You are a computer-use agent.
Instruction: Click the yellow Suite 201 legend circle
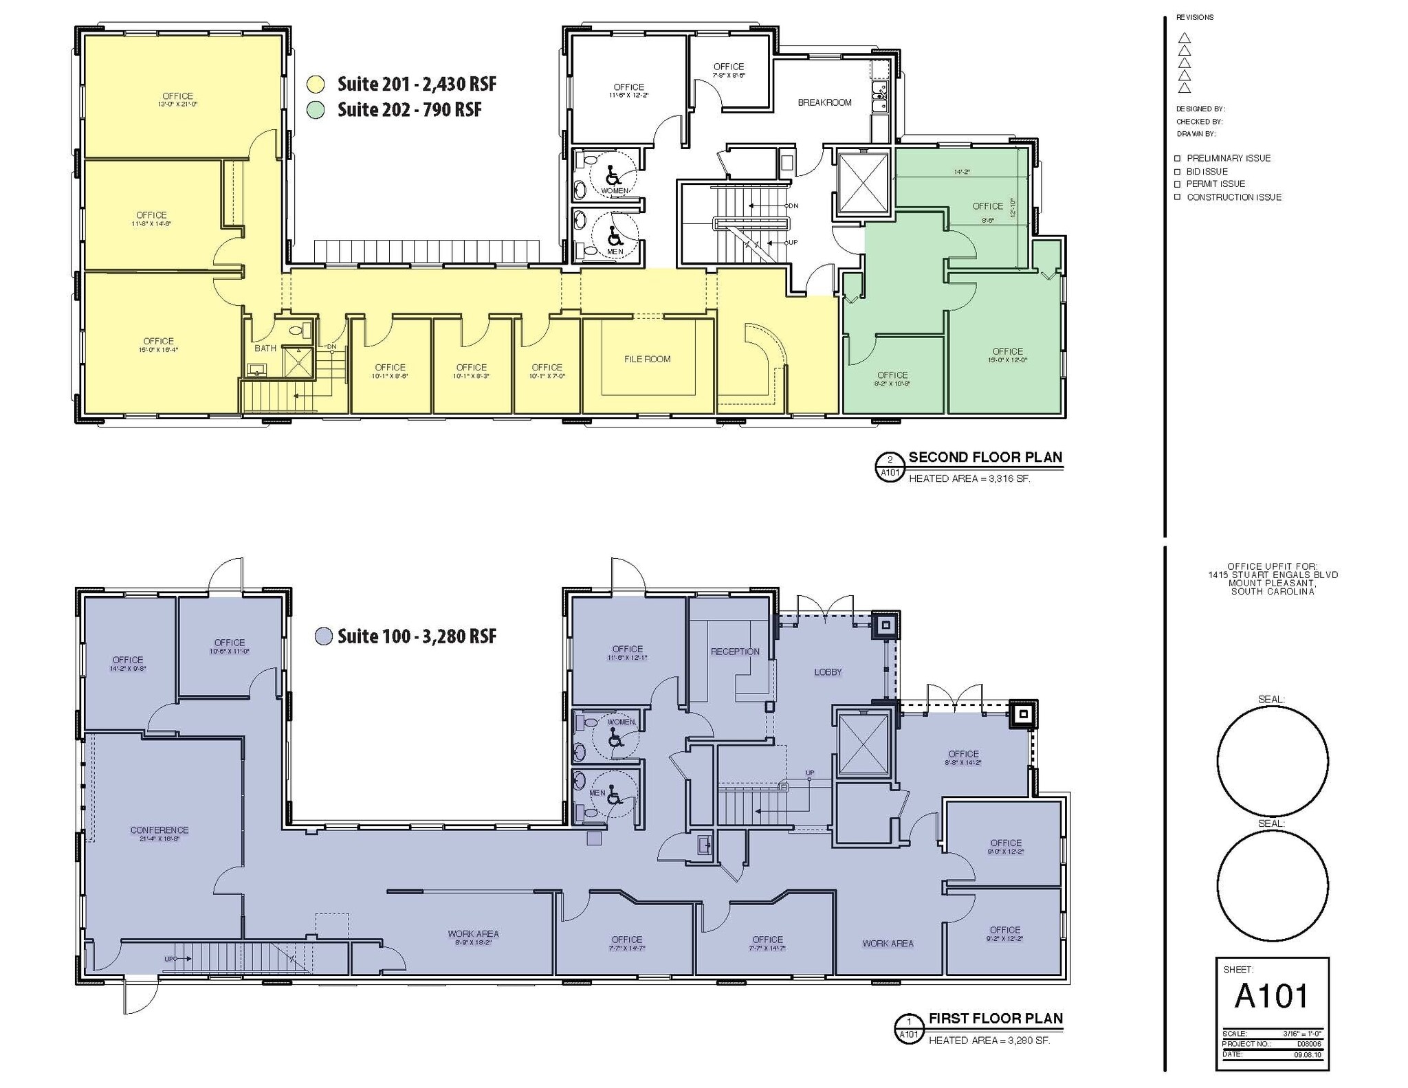tap(316, 85)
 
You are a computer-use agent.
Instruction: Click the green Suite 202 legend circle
tap(316, 110)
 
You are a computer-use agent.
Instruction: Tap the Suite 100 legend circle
tap(323, 636)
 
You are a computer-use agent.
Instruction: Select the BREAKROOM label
tap(824, 102)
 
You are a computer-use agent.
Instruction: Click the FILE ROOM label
tap(647, 359)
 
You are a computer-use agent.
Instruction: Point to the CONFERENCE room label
tap(159, 830)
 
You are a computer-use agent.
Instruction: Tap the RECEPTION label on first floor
tap(735, 652)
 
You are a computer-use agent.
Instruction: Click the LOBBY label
tap(828, 672)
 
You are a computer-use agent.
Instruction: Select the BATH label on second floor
tap(265, 348)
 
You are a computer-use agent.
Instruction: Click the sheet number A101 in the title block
tap(1271, 995)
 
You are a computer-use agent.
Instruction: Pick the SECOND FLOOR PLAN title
tap(985, 457)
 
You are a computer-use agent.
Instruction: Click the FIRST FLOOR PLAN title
tap(995, 1019)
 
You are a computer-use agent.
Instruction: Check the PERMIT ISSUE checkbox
tap(1178, 184)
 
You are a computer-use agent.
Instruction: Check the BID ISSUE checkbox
tap(1178, 171)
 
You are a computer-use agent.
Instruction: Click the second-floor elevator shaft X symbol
tap(863, 183)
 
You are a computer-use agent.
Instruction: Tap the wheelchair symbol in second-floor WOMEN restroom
tap(613, 175)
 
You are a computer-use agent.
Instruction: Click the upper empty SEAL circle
tap(1272, 761)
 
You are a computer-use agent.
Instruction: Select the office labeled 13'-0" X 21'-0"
tap(177, 100)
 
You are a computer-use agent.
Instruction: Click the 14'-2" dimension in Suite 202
tap(962, 173)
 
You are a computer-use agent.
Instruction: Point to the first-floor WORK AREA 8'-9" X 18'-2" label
tap(473, 937)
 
